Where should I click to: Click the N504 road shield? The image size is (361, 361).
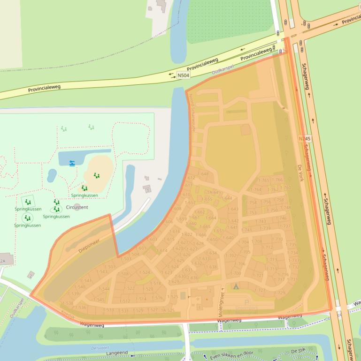[184, 75]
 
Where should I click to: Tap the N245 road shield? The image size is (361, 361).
[304, 139]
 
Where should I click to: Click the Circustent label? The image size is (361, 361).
[77, 207]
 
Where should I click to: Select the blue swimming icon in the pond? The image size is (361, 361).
[72, 163]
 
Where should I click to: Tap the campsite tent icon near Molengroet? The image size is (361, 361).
[236, 286]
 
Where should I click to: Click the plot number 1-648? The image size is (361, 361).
[203, 174]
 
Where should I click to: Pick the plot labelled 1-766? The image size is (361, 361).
[278, 180]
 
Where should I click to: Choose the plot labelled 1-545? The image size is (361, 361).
[99, 300]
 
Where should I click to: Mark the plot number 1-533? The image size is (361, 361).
[108, 310]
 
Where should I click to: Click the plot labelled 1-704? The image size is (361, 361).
[244, 242]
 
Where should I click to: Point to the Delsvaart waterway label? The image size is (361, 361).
[98, 348]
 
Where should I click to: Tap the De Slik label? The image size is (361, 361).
[298, 351]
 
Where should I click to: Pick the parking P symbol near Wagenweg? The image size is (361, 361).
[247, 302]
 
